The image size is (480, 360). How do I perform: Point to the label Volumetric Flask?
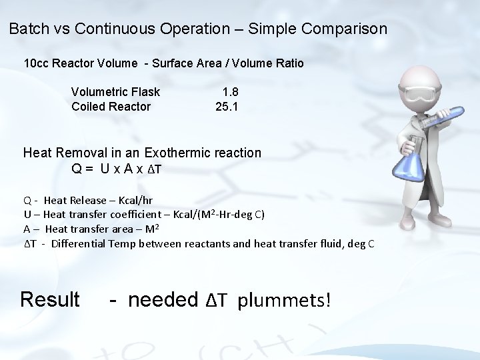pos(115,92)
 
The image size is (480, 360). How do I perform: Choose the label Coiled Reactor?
pos(111,107)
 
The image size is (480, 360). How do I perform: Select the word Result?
pos(50,299)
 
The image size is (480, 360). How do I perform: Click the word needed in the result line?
pos(163,299)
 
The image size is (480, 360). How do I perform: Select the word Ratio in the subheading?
pos(288,64)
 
